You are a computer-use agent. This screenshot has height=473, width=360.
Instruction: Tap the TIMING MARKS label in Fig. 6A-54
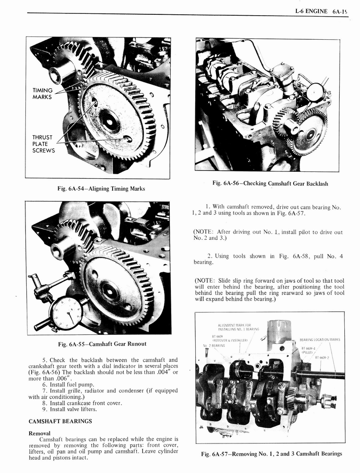pyautogui.click(x=42, y=94)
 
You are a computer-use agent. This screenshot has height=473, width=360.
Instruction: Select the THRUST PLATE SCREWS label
pyautogui.click(x=43, y=144)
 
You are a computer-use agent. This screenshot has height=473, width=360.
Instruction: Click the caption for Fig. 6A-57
pyautogui.click(x=271, y=454)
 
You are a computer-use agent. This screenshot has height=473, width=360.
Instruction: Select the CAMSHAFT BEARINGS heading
pyautogui.click(x=60, y=421)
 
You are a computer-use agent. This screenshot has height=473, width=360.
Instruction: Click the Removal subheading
pyautogui.click(x=40, y=434)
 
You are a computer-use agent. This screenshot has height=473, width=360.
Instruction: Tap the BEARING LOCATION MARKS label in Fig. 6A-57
pyautogui.click(x=319, y=340)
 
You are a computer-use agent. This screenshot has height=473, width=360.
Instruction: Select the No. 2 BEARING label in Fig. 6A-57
pyautogui.click(x=214, y=345)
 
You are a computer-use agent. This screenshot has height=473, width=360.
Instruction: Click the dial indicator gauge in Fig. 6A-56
pyautogui.click(x=315, y=92)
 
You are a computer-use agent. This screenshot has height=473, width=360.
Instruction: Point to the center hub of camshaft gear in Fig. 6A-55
pyautogui.click(x=110, y=291)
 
